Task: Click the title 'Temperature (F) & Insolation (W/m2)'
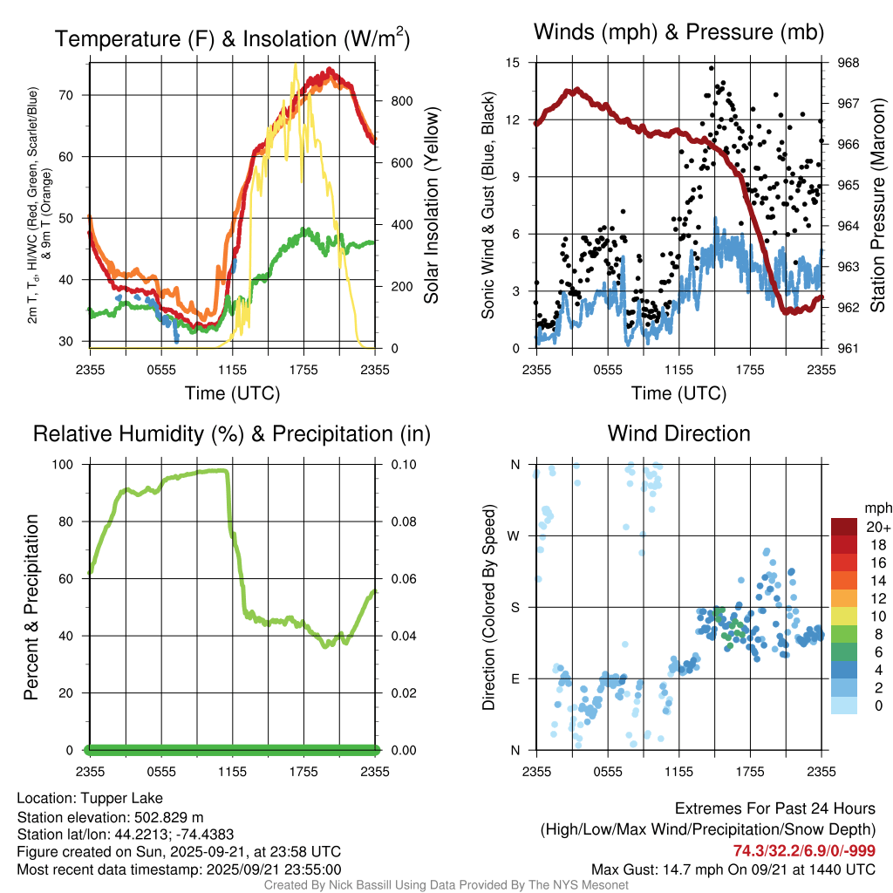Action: point(232,39)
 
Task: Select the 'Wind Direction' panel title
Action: point(678,433)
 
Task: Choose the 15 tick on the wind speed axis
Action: point(513,63)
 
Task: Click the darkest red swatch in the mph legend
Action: point(843,526)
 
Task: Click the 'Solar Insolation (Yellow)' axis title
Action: point(431,206)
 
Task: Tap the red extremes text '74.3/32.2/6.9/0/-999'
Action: point(804,851)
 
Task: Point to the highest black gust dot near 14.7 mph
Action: point(712,68)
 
